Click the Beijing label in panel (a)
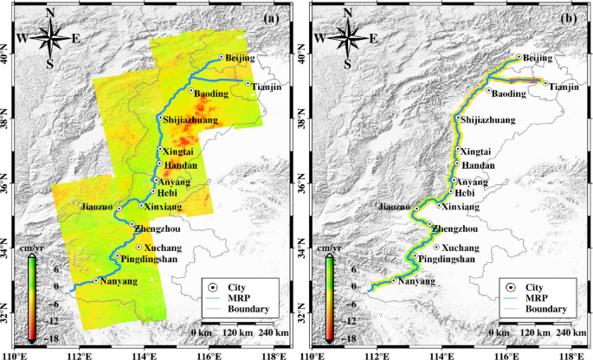coord(242,57)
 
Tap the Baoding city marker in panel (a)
coord(191,90)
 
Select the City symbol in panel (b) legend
coord(511,286)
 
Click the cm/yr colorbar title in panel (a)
coord(29,248)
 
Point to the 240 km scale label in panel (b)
coord(567,332)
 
